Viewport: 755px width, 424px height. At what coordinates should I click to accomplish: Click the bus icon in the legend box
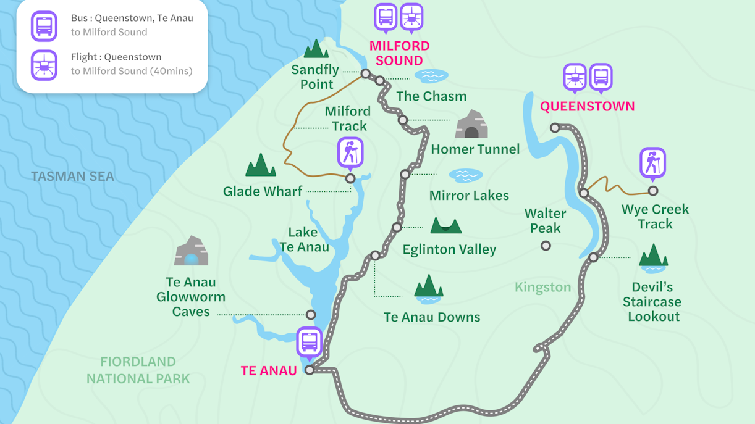point(44,26)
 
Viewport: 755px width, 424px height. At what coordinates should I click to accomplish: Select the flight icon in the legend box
point(44,65)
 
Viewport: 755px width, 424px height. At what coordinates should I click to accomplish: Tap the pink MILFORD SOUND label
point(399,53)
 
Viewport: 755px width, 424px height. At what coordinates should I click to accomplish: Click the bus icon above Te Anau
point(309,342)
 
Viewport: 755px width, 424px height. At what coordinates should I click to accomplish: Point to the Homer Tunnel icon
point(471,125)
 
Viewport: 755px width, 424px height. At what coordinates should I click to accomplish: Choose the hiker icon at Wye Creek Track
point(652,163)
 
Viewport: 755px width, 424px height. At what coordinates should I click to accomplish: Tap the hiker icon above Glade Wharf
point(350,152)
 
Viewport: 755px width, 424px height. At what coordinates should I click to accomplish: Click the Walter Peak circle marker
point(546,246)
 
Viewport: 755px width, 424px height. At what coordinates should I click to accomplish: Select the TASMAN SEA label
point(73,177)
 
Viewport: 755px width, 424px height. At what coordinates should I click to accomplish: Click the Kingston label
point(542,287)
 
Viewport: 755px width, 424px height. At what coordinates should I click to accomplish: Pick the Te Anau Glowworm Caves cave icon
point(191,251)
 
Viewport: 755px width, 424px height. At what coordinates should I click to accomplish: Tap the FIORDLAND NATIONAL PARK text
point(138,370)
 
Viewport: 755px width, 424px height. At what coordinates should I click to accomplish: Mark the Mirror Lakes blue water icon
point(465,175)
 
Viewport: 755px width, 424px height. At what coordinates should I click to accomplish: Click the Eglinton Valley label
point(449,249)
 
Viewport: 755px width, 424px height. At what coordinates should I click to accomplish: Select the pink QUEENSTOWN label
point(587,106)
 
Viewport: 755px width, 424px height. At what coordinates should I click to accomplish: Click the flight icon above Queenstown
point(575,78)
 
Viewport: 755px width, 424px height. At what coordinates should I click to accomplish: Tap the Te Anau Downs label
point(431,317)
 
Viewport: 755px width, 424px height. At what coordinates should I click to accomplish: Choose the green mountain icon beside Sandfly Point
point(316,49)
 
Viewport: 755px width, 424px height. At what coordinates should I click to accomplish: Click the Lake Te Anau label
point(303,239)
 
